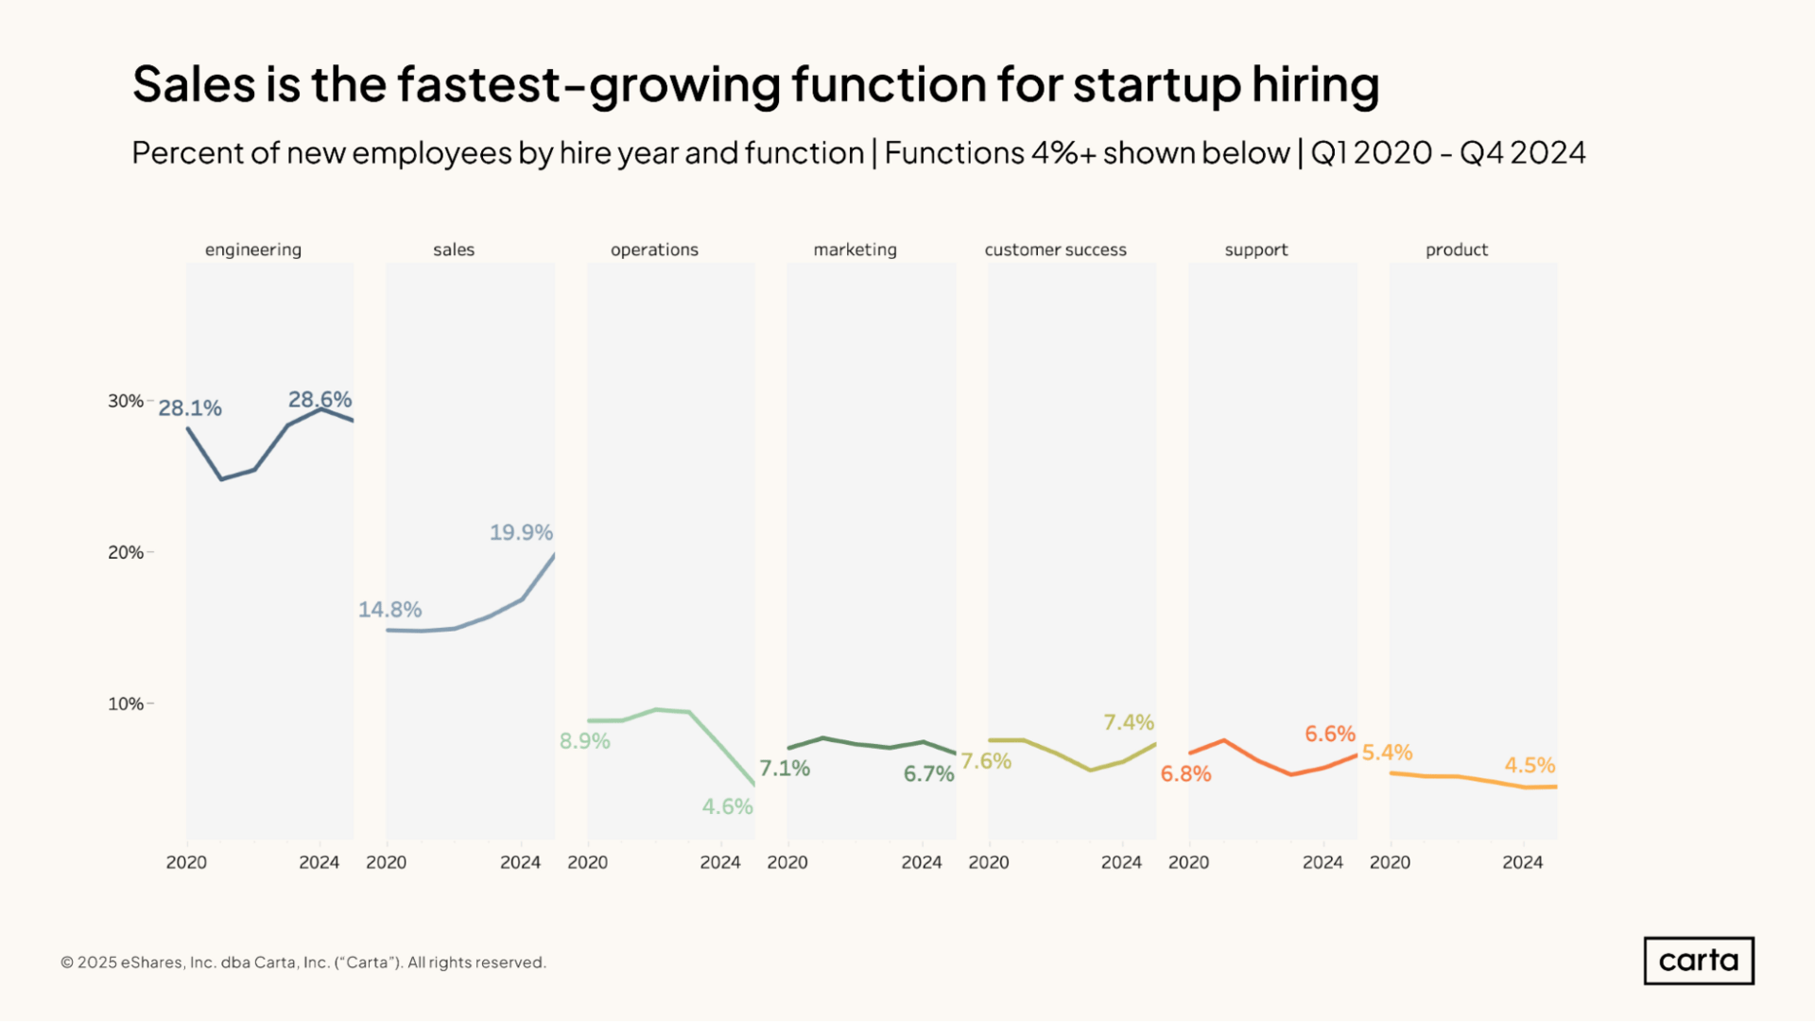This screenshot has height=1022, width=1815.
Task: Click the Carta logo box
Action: coord(1698,961)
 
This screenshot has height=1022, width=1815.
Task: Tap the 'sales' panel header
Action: coord(454,250)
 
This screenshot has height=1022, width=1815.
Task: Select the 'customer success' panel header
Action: coord(1055,250)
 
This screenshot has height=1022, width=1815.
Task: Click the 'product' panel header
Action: coord(1456,250)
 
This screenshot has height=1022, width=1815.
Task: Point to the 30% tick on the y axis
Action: coord(126,401)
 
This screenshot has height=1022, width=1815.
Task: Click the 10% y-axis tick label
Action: coord(126,703)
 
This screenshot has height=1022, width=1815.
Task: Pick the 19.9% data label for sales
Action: coord(521,532)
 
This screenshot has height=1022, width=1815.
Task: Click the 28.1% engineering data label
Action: coord(190,408)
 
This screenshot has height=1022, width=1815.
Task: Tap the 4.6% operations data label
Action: coord(727,806)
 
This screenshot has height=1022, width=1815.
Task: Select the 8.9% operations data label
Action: coord(584,741)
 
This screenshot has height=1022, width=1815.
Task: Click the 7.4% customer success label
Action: coord(1129,722)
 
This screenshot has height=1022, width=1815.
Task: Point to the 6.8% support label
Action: coord(1185,773)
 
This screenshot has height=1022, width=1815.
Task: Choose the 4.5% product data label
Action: coord(1530,765)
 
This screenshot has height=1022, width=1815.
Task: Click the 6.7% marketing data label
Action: coord(928,773)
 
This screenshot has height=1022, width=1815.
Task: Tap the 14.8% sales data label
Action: coord(389,610)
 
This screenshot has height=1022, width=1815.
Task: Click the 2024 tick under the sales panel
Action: coord(520,862)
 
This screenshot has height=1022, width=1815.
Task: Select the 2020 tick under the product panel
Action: coord(1390,862)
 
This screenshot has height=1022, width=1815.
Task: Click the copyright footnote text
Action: coord(303,962)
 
